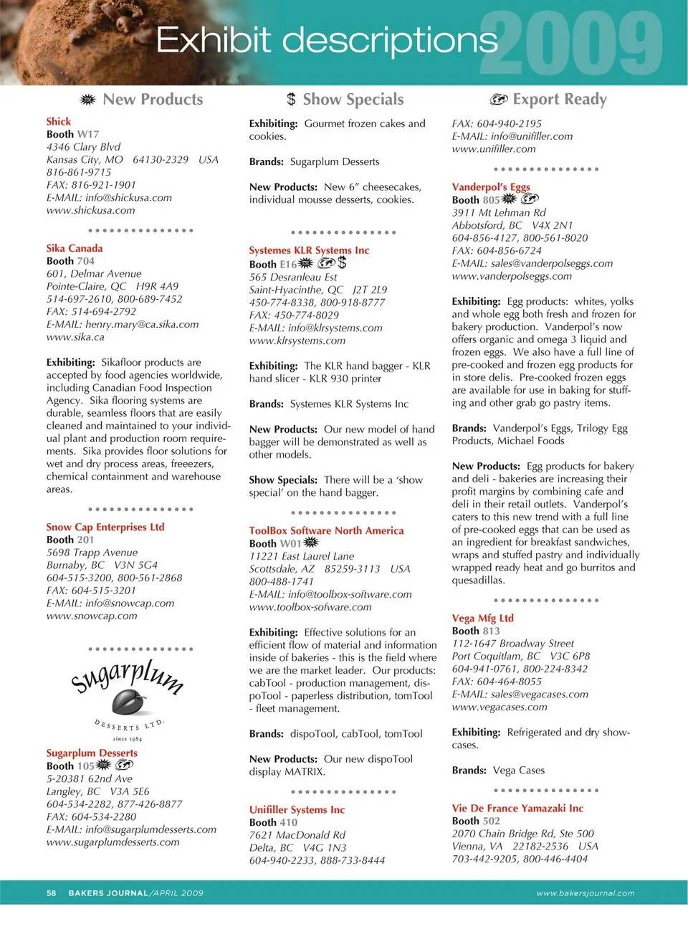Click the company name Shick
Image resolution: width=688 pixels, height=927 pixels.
pyautogui.click(x=59, y=121)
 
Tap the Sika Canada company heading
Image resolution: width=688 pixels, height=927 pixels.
pyautogui.click(x=75, y=248)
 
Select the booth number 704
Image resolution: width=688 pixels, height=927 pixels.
pyautogui.click(x=85, y=261)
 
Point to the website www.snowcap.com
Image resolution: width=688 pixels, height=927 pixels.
pyautogui.click(x=92, y=616)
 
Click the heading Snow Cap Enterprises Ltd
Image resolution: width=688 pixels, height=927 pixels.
pyautogui.click(x=105, y=527)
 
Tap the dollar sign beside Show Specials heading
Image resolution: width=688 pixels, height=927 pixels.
pyautogui.click(x=291, y=100)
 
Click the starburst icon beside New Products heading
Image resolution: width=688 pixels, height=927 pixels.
pyautogui.click(x=87, y=100)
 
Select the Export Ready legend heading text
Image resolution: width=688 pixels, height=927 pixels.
pyautogui.click(x=560, y=100)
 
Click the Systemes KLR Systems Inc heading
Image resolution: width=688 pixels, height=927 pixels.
pyautogui.click(x=309, y=250)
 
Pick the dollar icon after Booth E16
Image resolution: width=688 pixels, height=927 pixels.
pyautogui.click(x=342, y=263)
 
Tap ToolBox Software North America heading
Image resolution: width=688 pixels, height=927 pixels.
pyautogui.click(x=326, y=530)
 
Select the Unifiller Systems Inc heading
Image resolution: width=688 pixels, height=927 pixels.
pyautogui.click(x=297, y=809)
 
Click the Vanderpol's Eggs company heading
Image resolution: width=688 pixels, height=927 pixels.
pyautogui.click(x=491, y=187)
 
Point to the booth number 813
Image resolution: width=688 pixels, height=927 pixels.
pyautogui.click(x=491, y=631)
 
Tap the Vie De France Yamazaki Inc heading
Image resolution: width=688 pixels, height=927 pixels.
pyautogui.click(x=517, y=808)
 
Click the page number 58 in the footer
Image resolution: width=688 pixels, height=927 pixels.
pyautogui.click(x=52, y=893)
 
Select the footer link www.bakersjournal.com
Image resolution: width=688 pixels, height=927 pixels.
pyautogui.click(x=586, y=893)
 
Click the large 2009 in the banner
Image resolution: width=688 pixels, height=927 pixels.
pyautogui.click(x=571, y=44)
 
